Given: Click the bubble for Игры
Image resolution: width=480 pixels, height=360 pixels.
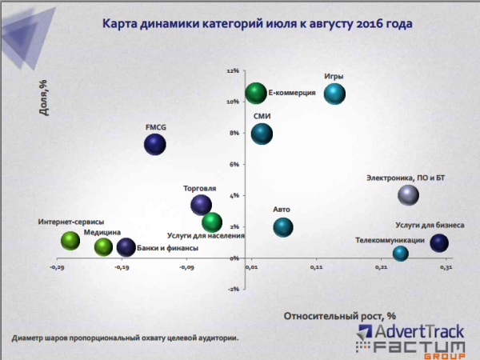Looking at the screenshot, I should pyautogui.click(x=334, y=94).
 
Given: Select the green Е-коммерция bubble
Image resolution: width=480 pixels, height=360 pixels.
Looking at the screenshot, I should pyautogui.click(x=255, y=94).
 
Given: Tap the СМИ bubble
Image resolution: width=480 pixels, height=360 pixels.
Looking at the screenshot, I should pyautogui.click(x=262, y=134).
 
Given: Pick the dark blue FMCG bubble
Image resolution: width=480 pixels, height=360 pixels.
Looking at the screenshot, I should pyautogui.click(x=155, y=145).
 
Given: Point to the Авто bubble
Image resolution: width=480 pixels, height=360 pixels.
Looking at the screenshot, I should pyautogui.click(x=283, y=227).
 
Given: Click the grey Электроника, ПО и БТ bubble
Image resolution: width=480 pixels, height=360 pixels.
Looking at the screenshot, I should pyautogui.click(x=408, y=194).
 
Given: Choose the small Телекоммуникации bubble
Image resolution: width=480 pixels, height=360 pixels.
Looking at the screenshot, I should pyautogui.click(x=400, y=254).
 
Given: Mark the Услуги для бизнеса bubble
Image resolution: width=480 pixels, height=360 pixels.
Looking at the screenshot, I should pyautogui.click(x=439, y=243).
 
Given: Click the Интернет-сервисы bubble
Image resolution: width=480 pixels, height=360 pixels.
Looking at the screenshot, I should pyautogui.click(x=70, y=240).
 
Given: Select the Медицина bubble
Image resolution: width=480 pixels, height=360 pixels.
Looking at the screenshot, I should pyautogui.click(x=103, y=246).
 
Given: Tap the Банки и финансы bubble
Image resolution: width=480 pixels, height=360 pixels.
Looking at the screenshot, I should pyautogui.click(x=126, y=247).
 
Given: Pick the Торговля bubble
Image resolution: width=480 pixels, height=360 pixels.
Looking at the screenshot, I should pyautogui.click(x=202, y=205).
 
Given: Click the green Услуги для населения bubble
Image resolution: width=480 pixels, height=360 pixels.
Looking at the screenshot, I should pyautogui.click(x=212, y=222).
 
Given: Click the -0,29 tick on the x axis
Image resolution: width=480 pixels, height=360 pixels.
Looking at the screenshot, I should pyautogui.click(x=58, y=267).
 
